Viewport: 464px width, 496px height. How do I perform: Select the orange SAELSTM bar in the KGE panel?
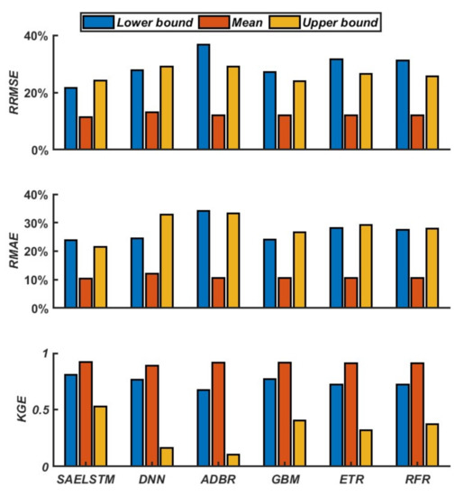coord(86,414)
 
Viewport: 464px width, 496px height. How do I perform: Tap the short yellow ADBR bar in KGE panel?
coord(232,460)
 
